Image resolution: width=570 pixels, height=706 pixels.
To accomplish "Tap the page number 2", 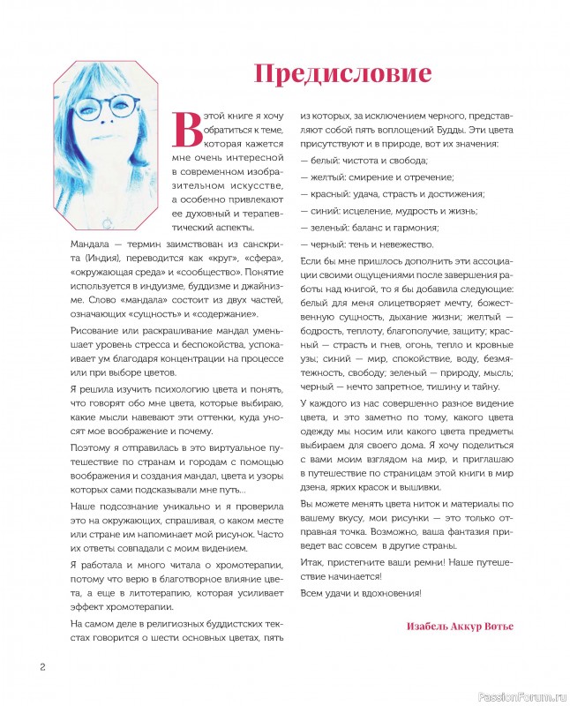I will click(41, 665).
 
